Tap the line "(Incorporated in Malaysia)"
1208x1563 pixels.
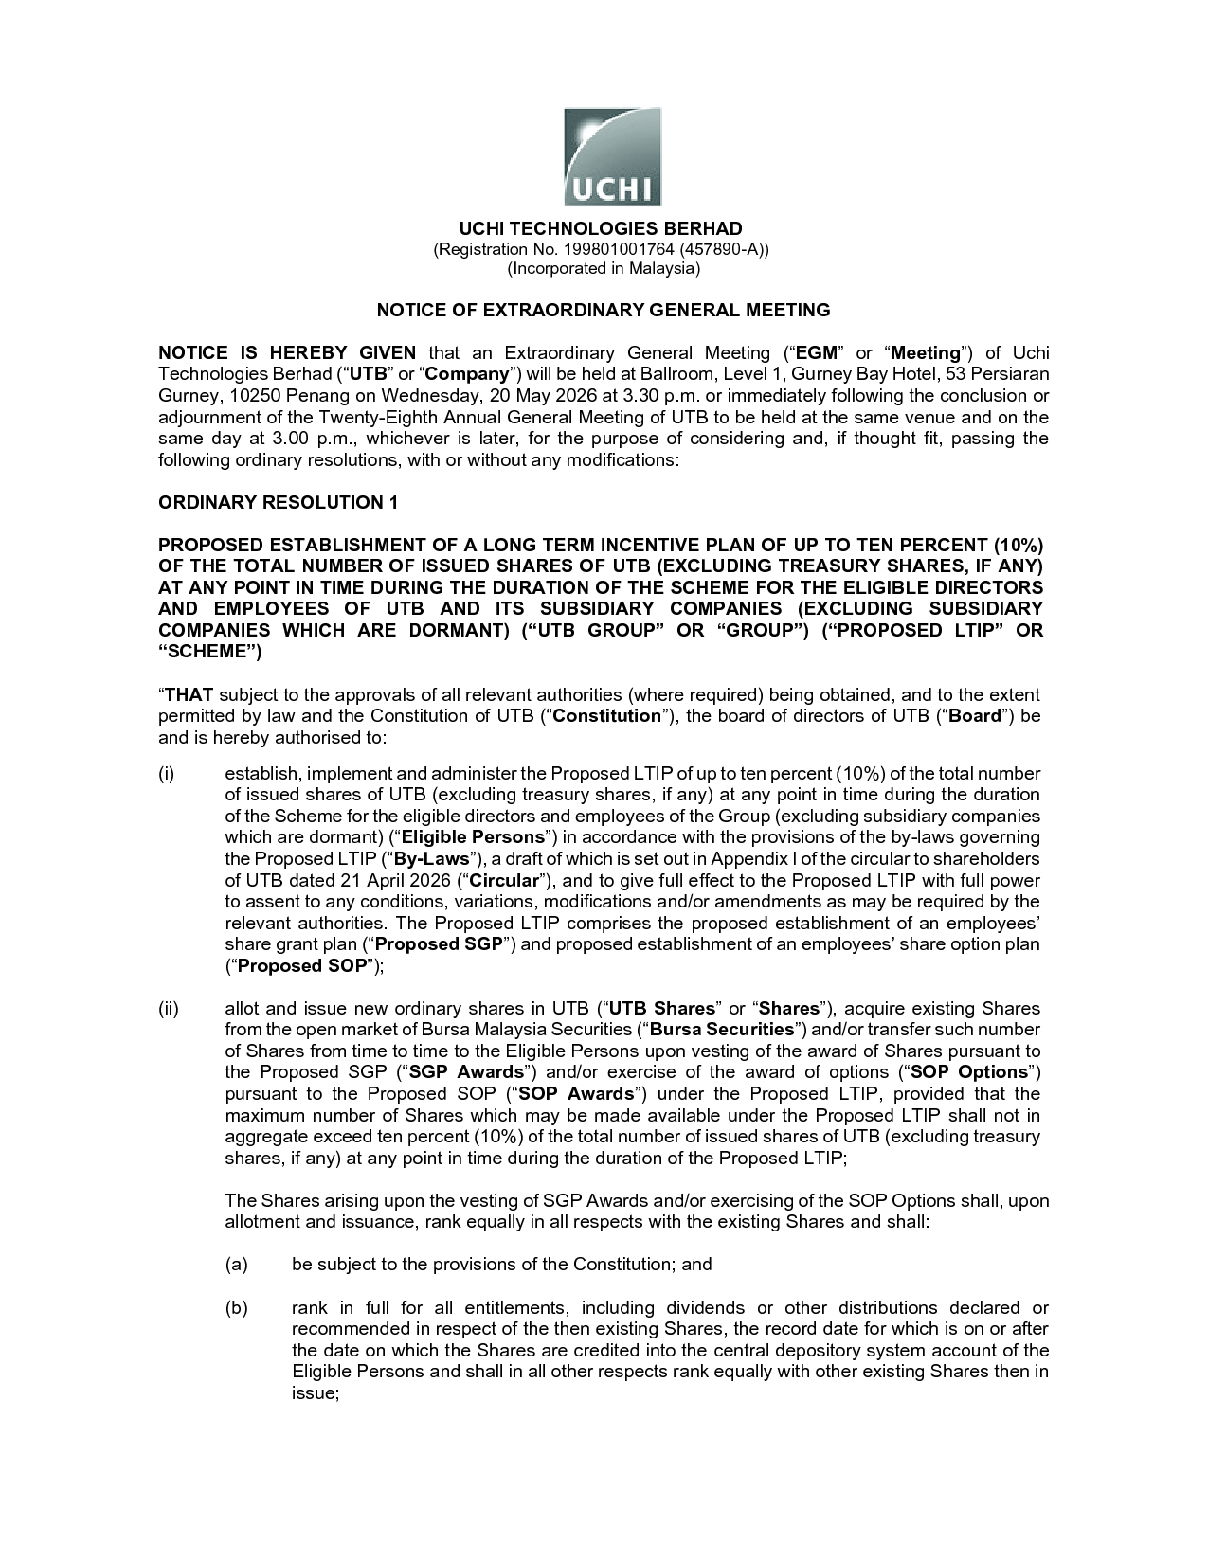click(604, 268)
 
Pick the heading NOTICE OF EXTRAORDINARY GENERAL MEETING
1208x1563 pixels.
click(604, 310)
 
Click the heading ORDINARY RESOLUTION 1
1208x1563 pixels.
click(278, 502)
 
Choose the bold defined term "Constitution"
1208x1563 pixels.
click(606, 715)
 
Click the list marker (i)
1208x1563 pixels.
click(167, 774)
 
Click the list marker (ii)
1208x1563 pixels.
click(169, 1008)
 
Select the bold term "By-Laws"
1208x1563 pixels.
click(432, 858)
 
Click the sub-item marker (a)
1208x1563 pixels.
click(236, 1264)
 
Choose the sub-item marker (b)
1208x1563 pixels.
click(236, 1308)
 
